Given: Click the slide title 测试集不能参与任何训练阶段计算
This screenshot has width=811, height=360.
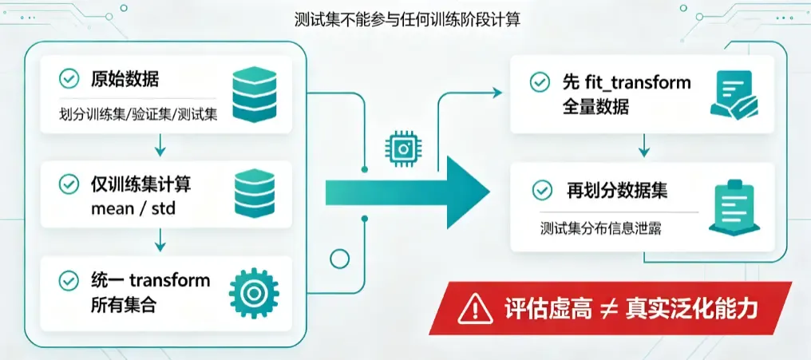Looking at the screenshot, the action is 406,20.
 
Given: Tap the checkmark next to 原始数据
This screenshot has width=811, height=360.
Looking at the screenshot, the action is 69,80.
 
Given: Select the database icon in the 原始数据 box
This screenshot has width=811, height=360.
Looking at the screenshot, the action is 254,95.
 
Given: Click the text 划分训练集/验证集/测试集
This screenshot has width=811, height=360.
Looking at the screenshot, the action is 138,115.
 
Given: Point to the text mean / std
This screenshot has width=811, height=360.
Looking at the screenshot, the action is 133,208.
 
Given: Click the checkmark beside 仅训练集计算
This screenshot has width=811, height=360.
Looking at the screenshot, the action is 69,184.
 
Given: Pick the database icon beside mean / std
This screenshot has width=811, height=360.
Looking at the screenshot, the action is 254,195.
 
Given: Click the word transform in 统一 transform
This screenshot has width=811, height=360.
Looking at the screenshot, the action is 169,280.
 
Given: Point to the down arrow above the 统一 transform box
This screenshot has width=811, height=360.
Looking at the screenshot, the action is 160,239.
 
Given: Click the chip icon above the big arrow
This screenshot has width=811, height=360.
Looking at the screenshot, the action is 401,148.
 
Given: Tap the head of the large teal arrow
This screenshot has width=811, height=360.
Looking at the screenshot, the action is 468,192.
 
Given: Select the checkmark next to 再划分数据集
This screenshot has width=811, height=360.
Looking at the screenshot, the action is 542,190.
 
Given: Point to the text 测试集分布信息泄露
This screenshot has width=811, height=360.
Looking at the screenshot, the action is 601,228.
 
